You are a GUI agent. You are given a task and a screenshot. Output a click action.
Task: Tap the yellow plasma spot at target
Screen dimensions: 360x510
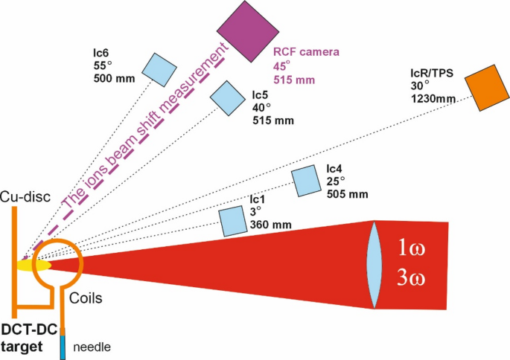tap(34, 264)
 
